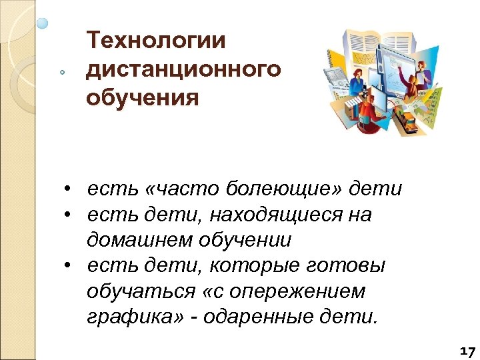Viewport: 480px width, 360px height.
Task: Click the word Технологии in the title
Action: pyautogui.click(x=157, y=41)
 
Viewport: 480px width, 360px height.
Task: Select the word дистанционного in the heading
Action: pyautogui.click(x=184, y=69)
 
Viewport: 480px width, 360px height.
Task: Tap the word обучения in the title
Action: pyautogui.click(x=143, y=98)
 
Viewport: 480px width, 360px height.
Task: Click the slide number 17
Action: pyautogui.click(x=467, y=351)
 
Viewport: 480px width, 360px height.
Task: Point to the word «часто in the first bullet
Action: pyautogui.click(x=175, y=190)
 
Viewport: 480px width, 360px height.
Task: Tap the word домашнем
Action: pyautogui.click(x=141, y=239)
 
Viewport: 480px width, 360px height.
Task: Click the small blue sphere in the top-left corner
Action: pyautogui.click(x=43, y=23)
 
